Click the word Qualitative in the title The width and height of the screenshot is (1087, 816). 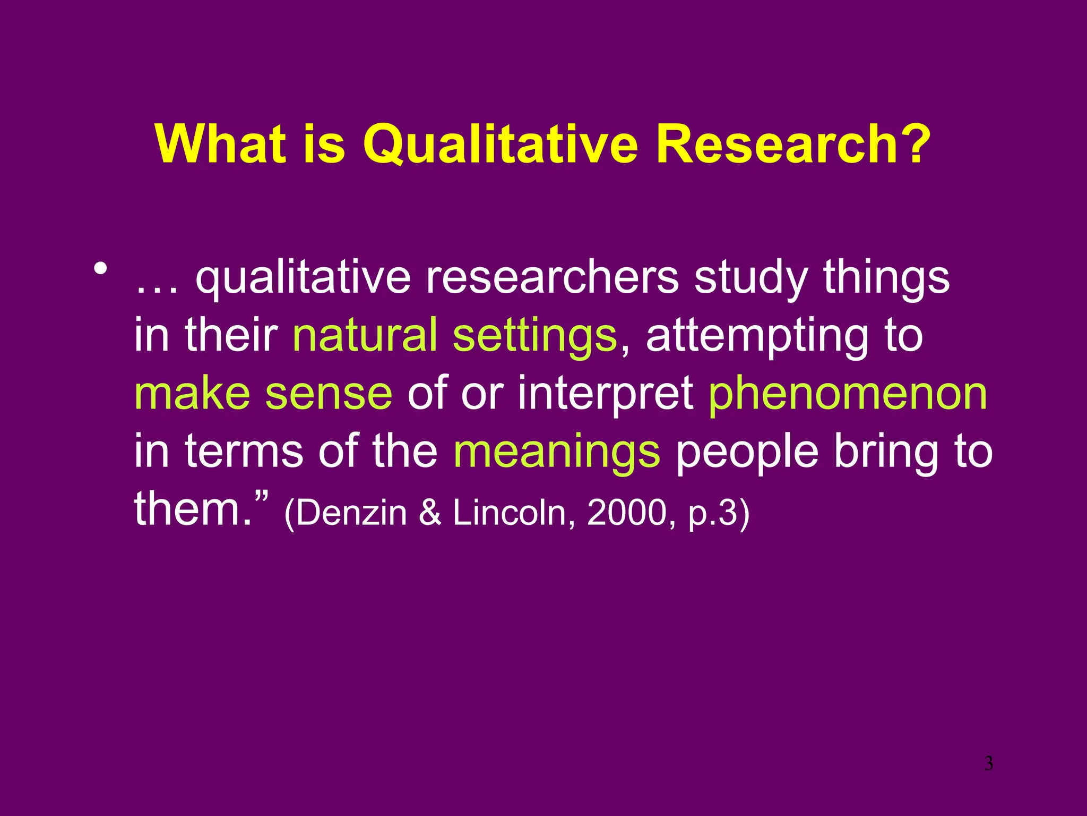[x=500, y=144]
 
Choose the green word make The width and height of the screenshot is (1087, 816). [x=192, y=393]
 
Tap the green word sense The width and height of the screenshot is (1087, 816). [x=329, y=394]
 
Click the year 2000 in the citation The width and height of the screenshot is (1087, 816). [x=626, y=513]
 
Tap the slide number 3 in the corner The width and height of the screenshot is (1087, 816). [x=988, y=764]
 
